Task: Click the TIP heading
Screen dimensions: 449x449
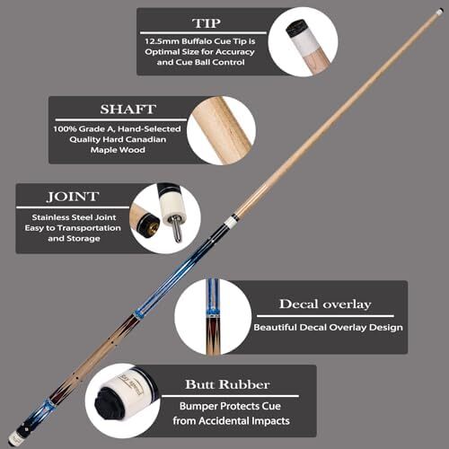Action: [207, 23]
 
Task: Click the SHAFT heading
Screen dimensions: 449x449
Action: [128, 110]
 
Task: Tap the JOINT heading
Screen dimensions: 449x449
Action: [73, 197]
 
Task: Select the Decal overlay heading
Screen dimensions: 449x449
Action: [325, 304]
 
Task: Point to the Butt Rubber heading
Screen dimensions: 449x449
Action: [227, 384]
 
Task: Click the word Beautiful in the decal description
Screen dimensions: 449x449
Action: [276, 328]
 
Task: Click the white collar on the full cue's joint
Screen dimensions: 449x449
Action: [230, 222]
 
